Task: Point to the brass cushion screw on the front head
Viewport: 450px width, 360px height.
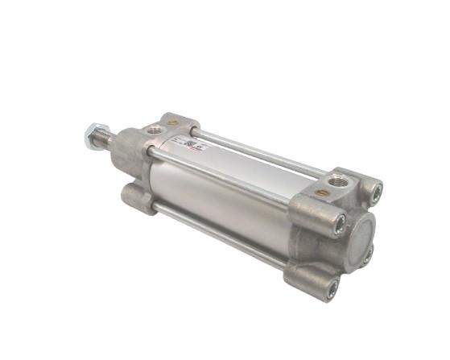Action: click(x=172, y=122)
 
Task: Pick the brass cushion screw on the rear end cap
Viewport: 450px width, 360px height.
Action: click(x=320, y=193)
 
